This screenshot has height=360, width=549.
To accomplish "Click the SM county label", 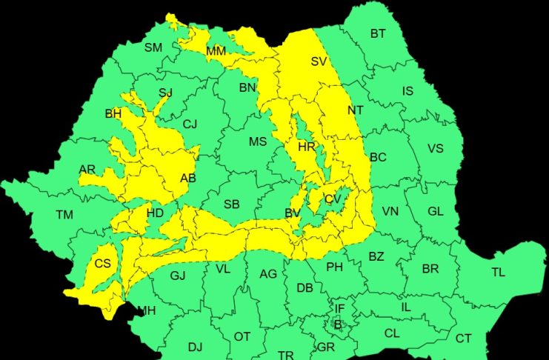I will [x=153, y=47].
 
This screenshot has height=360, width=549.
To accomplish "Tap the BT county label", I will [x=378, y=33].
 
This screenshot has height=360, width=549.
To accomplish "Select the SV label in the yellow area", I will [x=319, y=61].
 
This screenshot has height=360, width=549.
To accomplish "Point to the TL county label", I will [x=498, y=272].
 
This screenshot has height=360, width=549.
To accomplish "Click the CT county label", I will [x=463, y=339].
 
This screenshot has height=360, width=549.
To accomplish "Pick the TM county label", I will [x=64, y=215].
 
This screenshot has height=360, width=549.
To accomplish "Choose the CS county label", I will [x=102, y=263].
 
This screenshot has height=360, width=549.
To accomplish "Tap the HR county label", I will [x=307, y=147].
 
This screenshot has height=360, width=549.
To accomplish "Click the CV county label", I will [x=333, y=199].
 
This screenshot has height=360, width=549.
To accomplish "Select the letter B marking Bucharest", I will [x=337, y=324].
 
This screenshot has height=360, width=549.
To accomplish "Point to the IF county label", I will [x=339, y=308].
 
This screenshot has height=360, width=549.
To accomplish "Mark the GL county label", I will [x=435, y=211].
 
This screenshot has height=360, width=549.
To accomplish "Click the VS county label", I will [x=435, y=148].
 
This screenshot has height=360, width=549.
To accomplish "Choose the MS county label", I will [x=257, y=141].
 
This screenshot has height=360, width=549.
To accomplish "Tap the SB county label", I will [x=231, y=204].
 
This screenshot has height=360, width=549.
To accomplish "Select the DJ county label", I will [x=195, y=346].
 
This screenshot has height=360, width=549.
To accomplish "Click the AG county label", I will [x=267, y=274].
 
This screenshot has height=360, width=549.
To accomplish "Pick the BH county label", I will [x=113, y=113].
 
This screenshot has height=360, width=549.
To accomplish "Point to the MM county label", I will [x=216, y=51].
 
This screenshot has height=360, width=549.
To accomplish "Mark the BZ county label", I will [x=376, y=256].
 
